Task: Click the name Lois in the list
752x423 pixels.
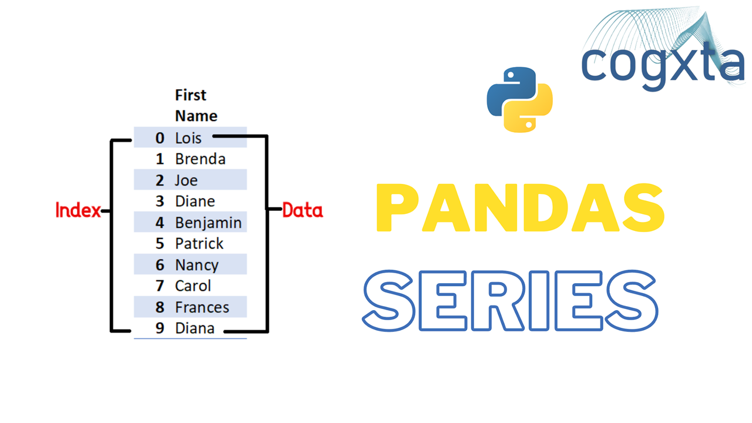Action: (188, 138)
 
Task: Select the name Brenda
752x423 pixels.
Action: (200, 159)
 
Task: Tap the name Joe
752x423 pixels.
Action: (186, 180)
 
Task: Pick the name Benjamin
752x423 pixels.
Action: (208, 223)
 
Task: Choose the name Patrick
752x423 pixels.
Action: (199, 244)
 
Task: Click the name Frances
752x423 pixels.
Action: (202, 307)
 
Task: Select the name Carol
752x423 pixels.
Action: (193, 286)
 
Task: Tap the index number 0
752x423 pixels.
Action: (160, 138)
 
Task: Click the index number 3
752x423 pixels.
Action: (160, 202)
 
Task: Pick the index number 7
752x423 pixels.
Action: (160, 286)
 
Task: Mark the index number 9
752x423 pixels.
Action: (160, 328)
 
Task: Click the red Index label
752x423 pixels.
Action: (78, 210)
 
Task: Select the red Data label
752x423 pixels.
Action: (303, 210)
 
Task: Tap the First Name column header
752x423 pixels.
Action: (196, 105)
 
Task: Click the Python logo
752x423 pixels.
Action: (519, 99)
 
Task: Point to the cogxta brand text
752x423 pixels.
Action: (663, 65)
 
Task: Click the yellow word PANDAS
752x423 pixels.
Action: (519, 209)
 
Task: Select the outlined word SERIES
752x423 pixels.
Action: (510, 301)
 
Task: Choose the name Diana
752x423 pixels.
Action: (194, 328)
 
